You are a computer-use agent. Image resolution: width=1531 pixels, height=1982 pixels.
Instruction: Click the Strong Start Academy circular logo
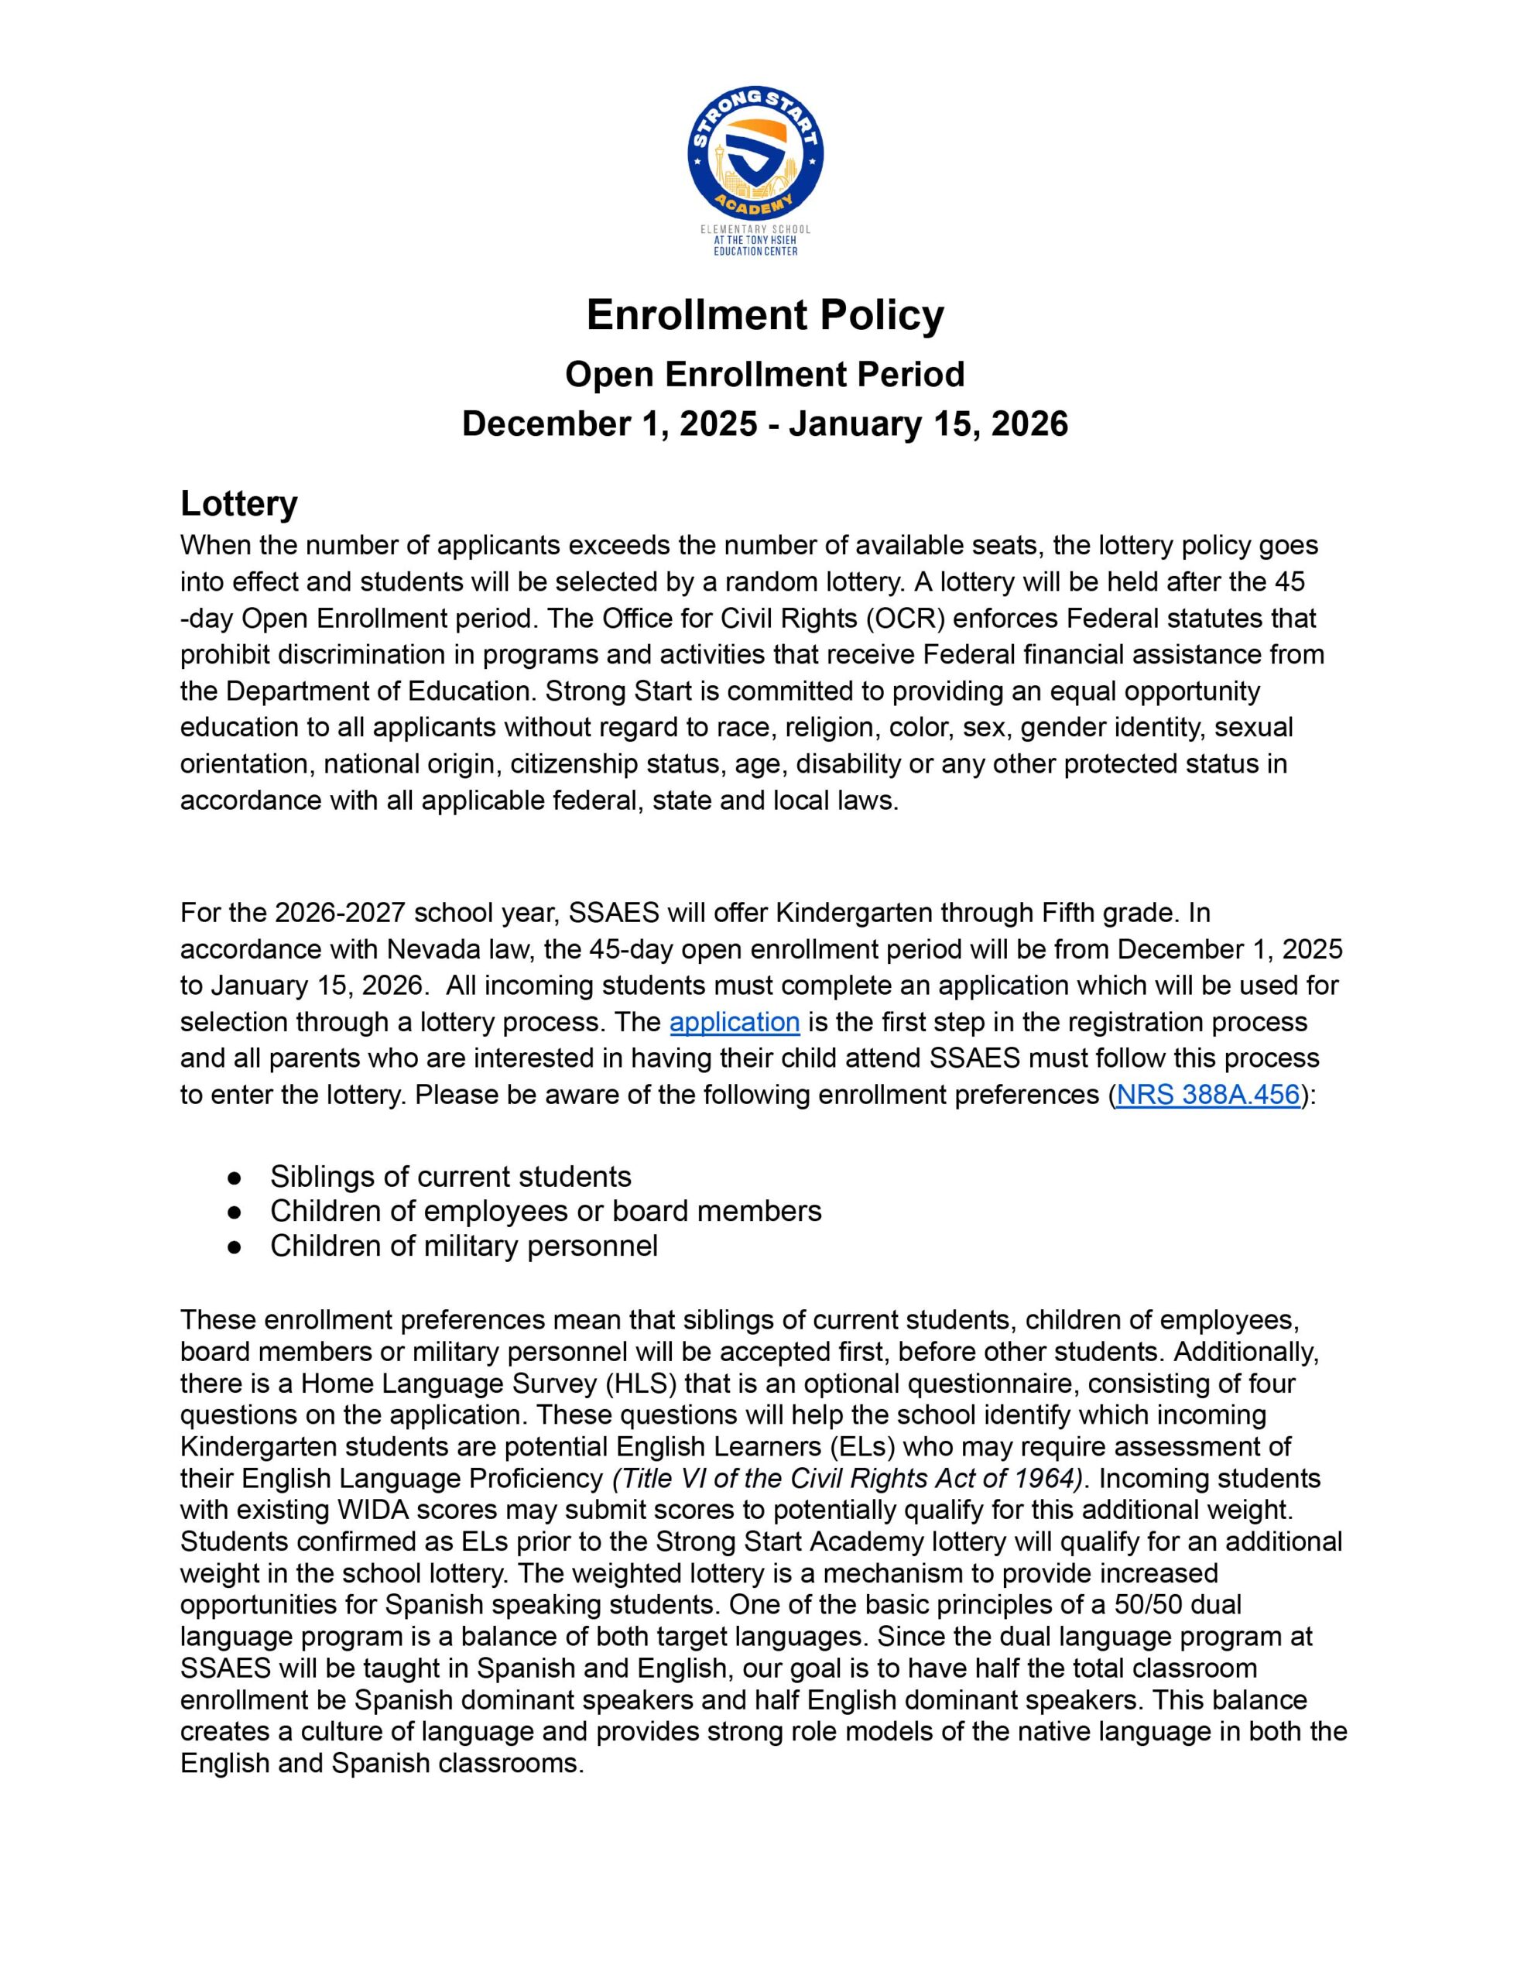pyautogui.click(x=755, y=157)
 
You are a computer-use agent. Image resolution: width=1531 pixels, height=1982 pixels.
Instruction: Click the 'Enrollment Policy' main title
pyautogui.click(x=765, y=315)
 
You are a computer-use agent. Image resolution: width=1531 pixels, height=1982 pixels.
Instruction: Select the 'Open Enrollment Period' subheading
pyautogui.click(x=764, y=374)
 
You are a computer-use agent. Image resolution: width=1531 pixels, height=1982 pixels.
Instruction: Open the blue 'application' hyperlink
pyautogui.click(x=735, y=1022)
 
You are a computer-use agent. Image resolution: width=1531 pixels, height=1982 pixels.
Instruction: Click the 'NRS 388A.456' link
pyautogui.click(x=1208, y=1095)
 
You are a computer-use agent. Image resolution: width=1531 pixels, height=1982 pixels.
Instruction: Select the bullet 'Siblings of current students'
pyautogui.click(x=450, y=1176)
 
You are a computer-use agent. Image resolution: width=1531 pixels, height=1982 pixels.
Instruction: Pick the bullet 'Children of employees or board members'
pyautogui.click(x=546, y=1211)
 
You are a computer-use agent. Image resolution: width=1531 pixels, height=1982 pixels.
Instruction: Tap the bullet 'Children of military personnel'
pyautogui.click(x=464, y=1245)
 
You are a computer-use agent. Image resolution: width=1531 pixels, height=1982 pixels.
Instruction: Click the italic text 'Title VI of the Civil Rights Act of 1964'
pyautogui.click(x=848, y=1478)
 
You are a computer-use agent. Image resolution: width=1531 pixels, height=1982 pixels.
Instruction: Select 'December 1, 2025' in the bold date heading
pyautogui.click(x=609, y=423)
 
